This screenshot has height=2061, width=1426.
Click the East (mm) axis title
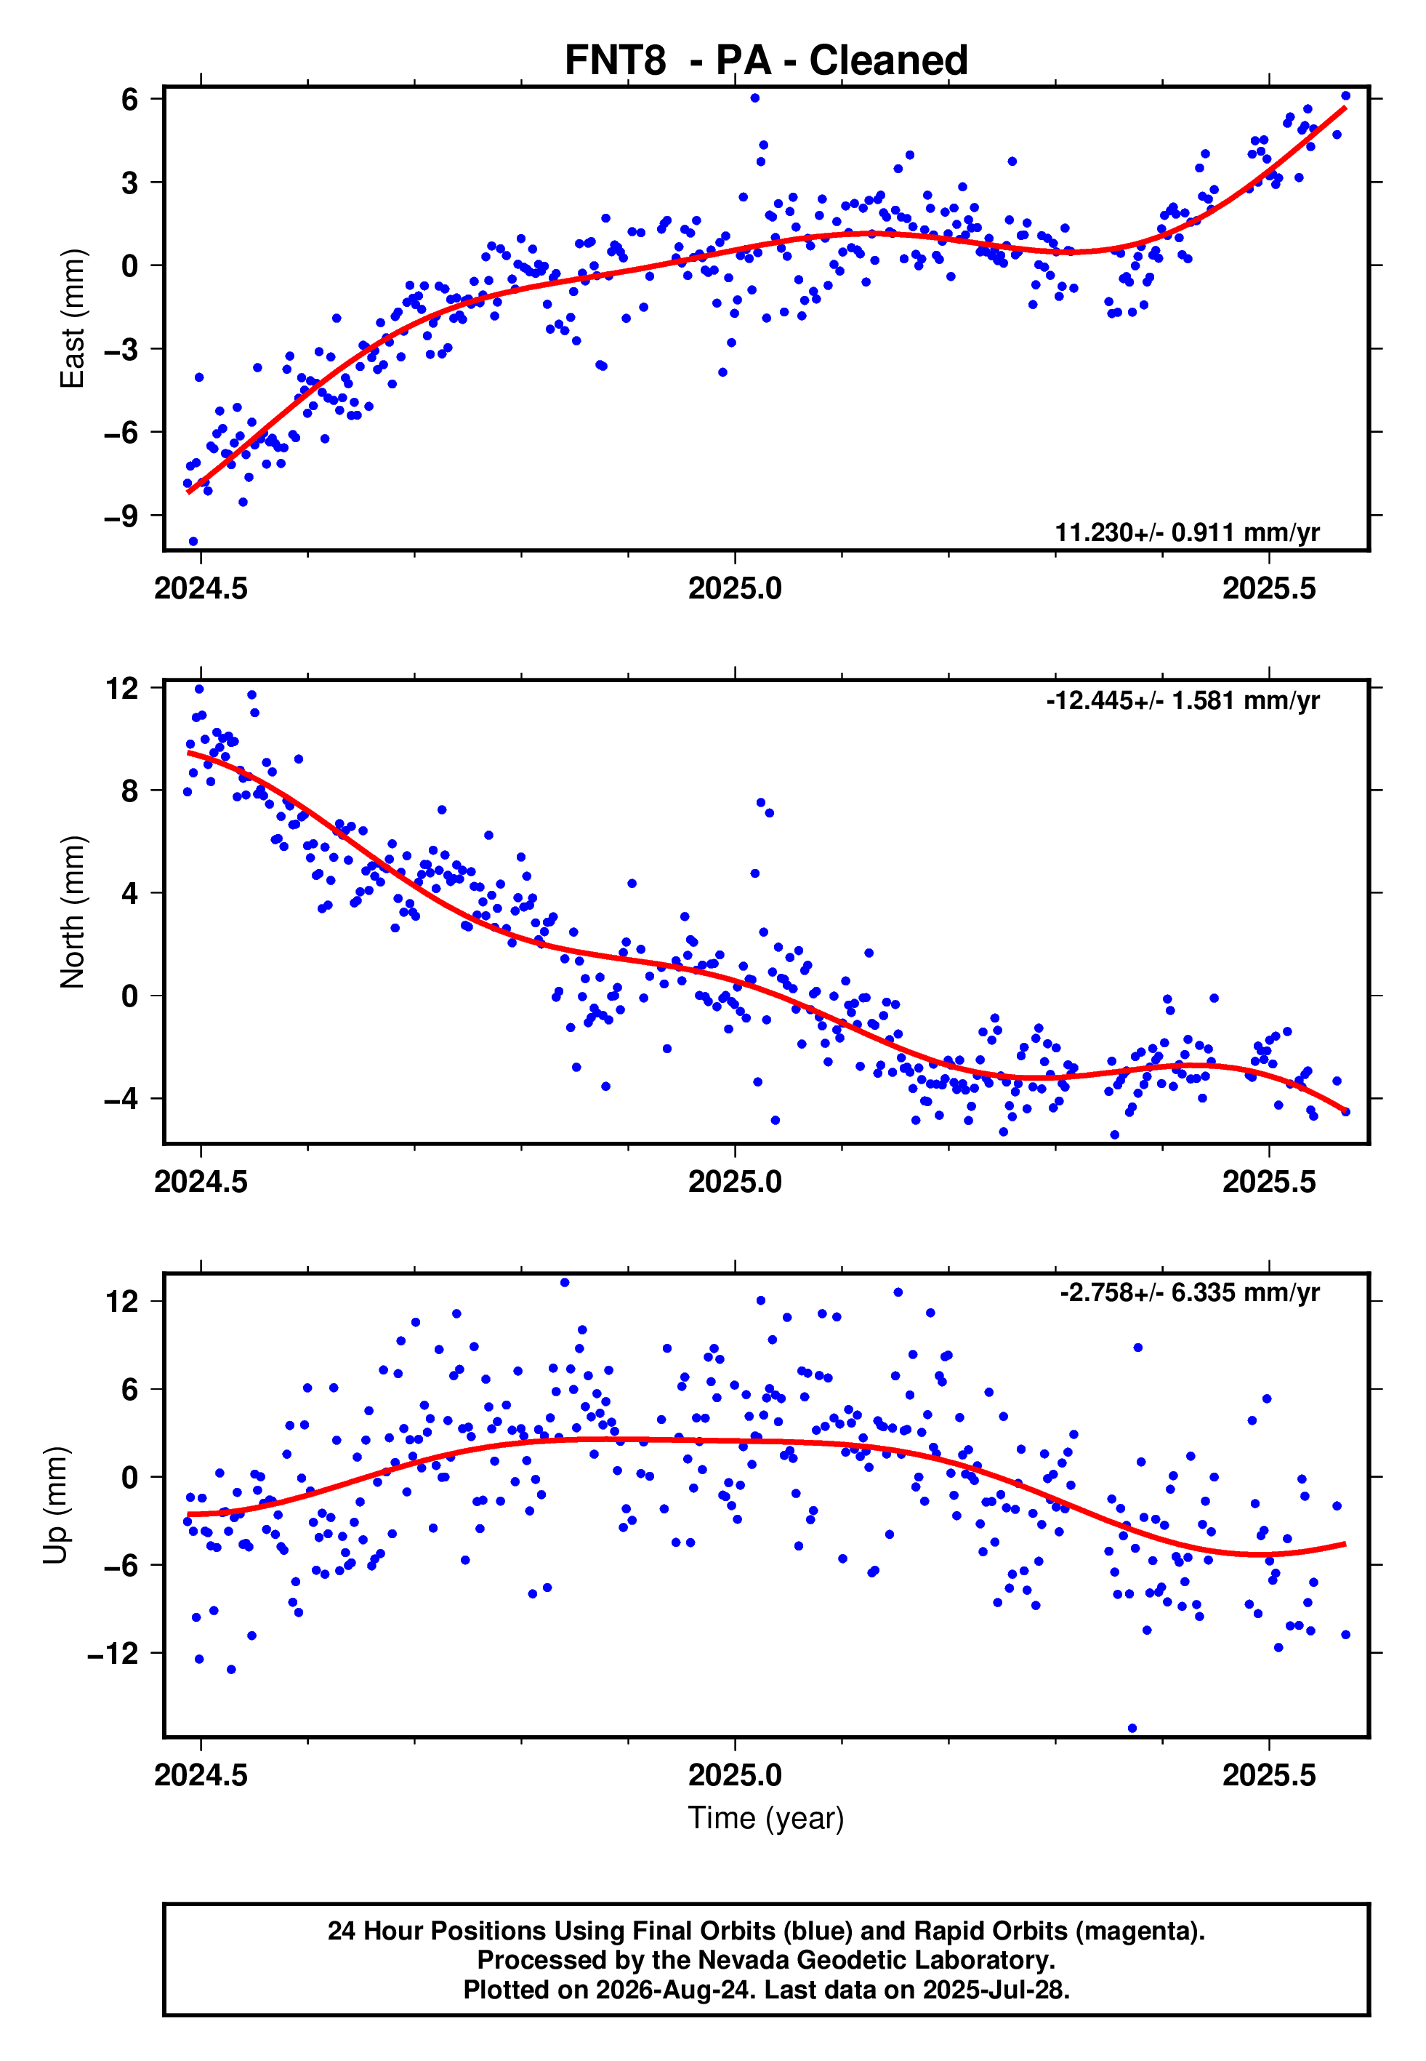73,319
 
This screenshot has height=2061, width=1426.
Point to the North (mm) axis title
73,912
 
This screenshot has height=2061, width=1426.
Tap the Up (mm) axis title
55,1505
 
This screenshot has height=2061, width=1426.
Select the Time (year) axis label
766,1819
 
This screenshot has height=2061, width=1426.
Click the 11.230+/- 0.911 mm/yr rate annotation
1187,532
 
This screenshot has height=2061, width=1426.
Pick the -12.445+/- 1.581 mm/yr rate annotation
1183,701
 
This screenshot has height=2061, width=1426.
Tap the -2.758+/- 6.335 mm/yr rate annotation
1190,1293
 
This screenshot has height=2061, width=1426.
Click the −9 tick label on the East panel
121,516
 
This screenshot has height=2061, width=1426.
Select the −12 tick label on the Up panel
113,1654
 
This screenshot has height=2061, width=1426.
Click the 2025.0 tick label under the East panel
735,588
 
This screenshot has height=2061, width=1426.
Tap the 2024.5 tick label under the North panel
201,1182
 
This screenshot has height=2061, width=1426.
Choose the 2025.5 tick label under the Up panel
1269,1775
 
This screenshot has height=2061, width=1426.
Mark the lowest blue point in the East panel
193,542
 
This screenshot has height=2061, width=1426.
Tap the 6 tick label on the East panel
130,98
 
